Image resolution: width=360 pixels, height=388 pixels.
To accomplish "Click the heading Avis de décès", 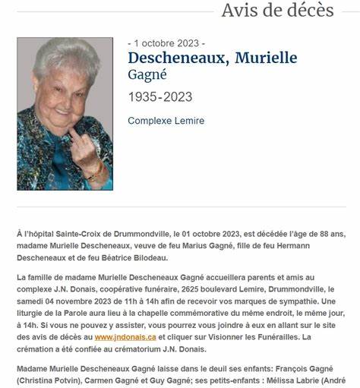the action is click(277, 11).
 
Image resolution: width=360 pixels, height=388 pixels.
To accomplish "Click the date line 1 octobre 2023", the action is click(166, 43).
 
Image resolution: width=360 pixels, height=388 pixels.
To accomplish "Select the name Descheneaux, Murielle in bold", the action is click(212, 58).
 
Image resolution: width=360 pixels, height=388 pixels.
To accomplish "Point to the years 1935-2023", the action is click(159, 97).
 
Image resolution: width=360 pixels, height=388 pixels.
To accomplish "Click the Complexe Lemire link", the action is click(166, 121).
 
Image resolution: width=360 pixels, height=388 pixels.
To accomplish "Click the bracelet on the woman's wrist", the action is click(98, 172).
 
